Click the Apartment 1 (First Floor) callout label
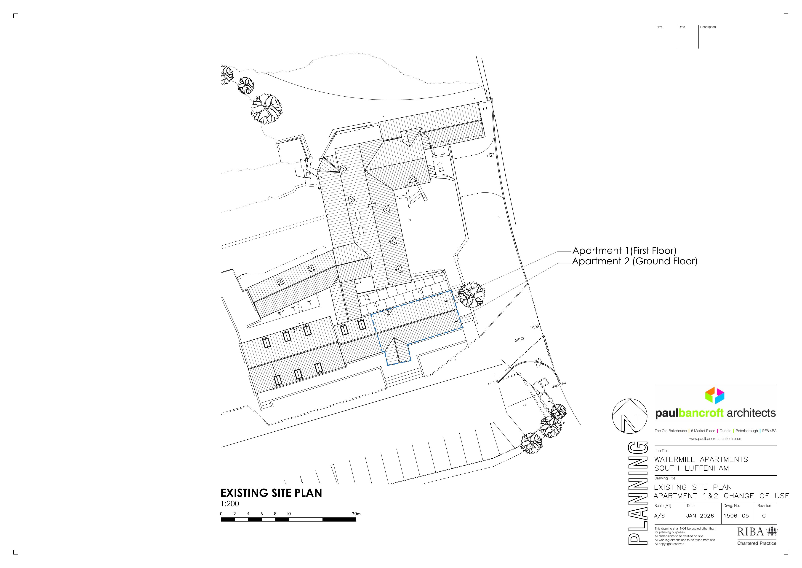point(624,251)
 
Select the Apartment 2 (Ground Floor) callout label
point(634,261)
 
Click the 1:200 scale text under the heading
point(230,504)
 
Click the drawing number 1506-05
point(736,516)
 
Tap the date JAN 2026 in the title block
point(700,516)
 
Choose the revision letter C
point(764,516)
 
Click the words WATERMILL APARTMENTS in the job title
point(701,459)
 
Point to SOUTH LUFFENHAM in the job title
point(692,468)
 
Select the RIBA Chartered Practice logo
point(757,536)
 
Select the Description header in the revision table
point(708,27)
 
